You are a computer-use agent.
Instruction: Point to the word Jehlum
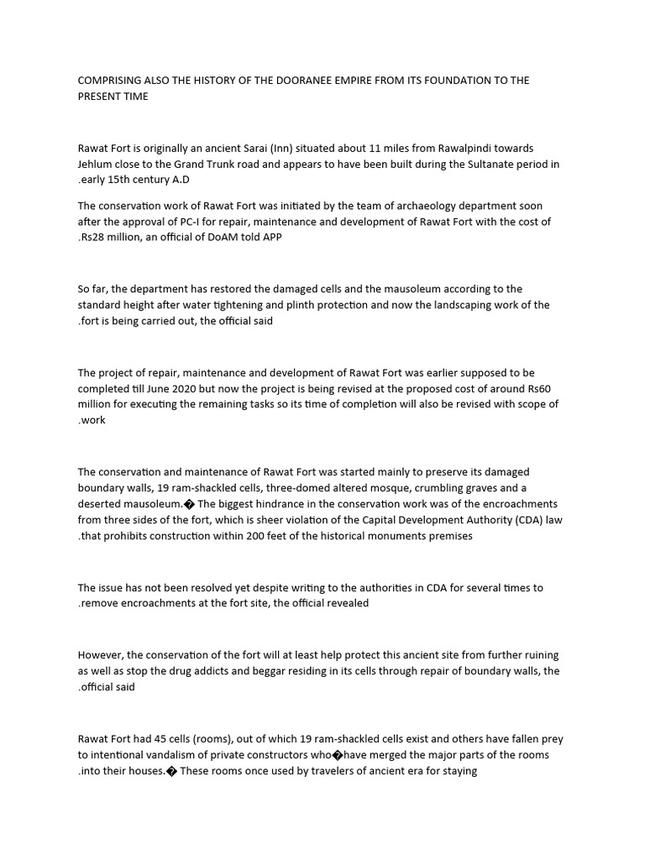pos(97,164)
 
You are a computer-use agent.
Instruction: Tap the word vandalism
pos(172,755)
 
